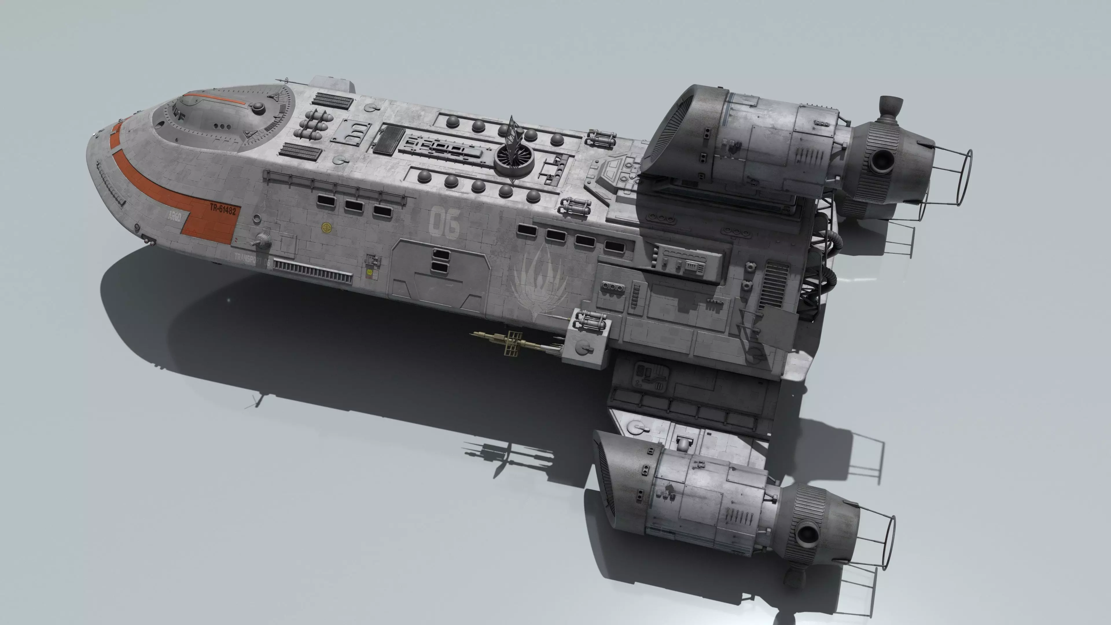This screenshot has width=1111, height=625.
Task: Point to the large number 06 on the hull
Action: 444,222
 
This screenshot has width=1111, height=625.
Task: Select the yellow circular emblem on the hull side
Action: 327,227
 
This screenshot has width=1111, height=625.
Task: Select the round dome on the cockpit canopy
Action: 258,107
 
